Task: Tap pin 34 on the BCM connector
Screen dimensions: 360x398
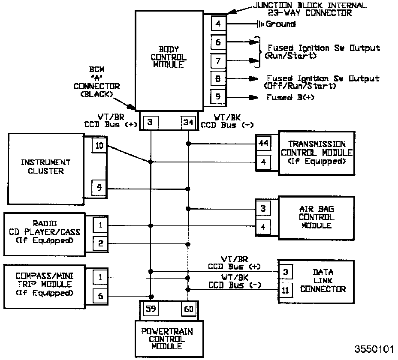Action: (x=188, y=123)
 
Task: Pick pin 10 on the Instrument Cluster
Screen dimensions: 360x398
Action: (x=99, y=146)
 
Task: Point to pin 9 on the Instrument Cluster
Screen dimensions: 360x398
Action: (x=99, y=187)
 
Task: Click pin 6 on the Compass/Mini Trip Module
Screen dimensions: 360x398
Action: (x=100, y=296)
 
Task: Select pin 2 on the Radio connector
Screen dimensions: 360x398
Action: (x=100, y=243)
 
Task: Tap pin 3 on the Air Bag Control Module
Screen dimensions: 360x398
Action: (x=263, y=209)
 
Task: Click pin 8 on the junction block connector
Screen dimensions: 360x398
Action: (x=218, y=79)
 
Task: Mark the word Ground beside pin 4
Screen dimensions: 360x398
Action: (x=280, y=24)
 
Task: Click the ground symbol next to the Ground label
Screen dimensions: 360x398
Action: (x=260, y=24)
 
